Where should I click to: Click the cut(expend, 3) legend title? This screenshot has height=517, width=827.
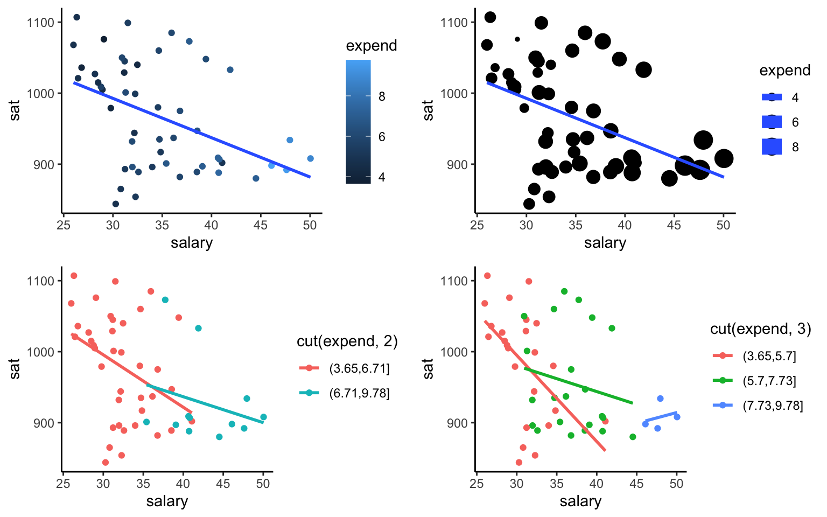click(760, 329)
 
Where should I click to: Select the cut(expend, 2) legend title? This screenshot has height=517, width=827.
click(347, 341)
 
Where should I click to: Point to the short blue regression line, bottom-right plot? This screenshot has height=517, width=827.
click(661, 416)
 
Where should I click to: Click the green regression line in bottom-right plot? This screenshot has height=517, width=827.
click(579, 386)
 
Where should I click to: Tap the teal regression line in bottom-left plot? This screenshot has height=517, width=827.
click(205, 404)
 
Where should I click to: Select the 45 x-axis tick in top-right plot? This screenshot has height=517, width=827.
click(674, 225)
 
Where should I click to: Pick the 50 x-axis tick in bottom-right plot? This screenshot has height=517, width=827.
click(677, 484)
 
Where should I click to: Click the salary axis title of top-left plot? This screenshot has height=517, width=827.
click(192, 243)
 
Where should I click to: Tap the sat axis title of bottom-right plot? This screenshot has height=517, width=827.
click(429, 369)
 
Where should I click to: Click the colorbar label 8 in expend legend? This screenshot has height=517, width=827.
click(382, 96)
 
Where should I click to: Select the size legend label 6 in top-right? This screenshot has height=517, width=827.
click(795, 122)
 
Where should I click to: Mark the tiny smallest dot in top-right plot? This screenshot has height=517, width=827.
click(517, 39)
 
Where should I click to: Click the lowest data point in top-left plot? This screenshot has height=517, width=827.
click(115, 204)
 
